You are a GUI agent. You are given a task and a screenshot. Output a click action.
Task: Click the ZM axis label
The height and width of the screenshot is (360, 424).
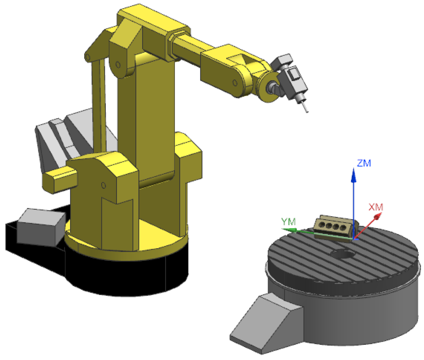pos(364,163)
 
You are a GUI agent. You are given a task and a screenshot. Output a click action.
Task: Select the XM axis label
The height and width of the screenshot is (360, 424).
pos(376,207)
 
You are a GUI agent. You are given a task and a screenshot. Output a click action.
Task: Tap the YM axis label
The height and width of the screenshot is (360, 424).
pos(288,222)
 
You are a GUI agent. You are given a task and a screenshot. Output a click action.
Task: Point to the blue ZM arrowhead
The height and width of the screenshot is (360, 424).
pos(353,175)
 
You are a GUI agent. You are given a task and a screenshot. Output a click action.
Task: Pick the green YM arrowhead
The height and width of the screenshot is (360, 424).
pos(289,230)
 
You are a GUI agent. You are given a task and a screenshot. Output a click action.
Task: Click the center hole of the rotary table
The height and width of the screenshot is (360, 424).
pos(343,254)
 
